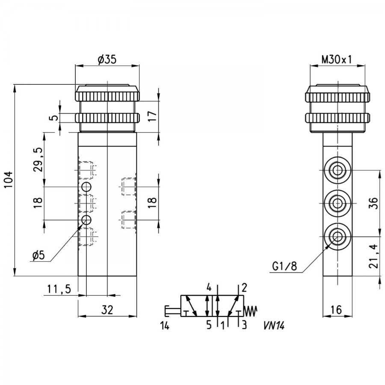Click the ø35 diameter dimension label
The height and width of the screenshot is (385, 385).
(107, 59)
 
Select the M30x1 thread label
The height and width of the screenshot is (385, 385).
(337, 59)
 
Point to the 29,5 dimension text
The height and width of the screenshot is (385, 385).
(38, 160)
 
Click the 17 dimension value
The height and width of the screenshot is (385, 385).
(152, 116)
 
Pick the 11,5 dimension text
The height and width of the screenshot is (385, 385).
(59, 289)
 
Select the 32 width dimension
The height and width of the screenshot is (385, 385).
(107, 310)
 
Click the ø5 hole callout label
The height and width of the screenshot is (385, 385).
(38, 255)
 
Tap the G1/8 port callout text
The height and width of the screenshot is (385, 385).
(284, 266)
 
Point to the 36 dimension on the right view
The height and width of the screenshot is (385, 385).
(373, 203)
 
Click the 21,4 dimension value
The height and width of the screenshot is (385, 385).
(373, 256)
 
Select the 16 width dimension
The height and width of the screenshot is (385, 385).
(336, 310)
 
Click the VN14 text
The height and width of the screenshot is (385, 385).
(274, 326)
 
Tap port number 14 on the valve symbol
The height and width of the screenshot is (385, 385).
(165, 326)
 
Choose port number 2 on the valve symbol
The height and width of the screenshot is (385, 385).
(244, 287)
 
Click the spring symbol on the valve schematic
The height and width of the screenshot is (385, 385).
(250, 311)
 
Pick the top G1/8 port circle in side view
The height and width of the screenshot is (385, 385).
(338, 170)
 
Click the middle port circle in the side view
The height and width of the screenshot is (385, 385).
(338, 203)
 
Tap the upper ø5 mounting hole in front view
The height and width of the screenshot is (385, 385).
(86, 187)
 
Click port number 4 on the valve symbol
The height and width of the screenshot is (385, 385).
(209, 287)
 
